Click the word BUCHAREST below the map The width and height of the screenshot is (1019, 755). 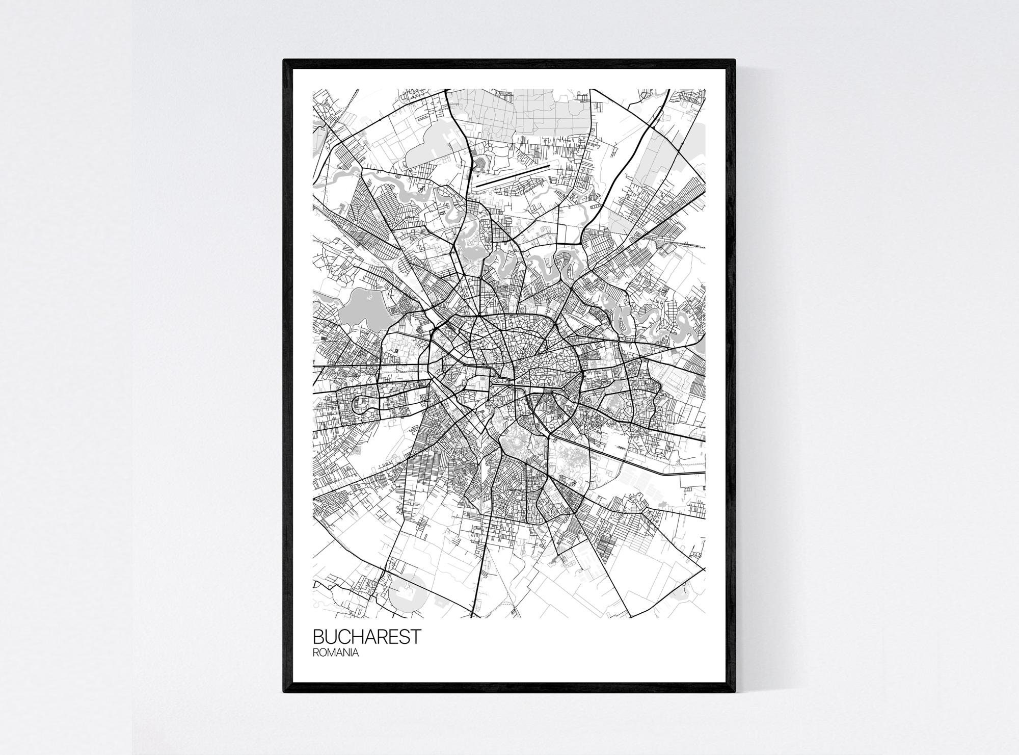367,637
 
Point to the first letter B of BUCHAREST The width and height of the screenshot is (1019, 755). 318,637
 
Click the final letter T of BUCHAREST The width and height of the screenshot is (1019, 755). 416,637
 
